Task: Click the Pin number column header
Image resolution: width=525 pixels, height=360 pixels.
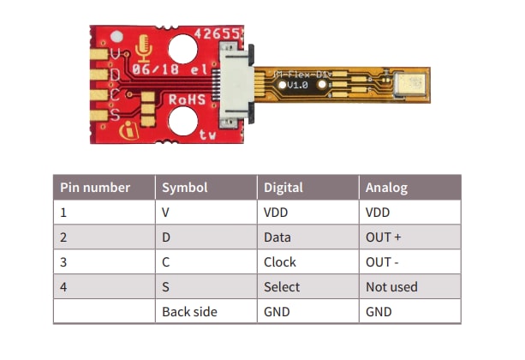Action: click(94, 187)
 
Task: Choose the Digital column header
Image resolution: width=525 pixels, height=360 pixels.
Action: click(283, 187)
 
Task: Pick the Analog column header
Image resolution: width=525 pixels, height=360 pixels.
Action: click(386, 187)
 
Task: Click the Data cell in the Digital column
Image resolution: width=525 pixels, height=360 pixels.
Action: click(277, 237)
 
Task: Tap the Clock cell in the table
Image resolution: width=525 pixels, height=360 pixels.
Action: click(279, 261)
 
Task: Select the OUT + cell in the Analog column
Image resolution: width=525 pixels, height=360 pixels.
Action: click(383, 237)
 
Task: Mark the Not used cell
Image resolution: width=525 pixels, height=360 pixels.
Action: click(391, 286)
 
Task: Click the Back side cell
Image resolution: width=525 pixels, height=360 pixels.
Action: click(189, 311)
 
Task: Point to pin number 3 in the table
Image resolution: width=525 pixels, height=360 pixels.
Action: click(63, 261)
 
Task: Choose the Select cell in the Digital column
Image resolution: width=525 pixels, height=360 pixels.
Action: click(280, 286)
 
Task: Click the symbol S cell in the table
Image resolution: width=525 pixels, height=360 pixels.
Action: click(165, 286)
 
